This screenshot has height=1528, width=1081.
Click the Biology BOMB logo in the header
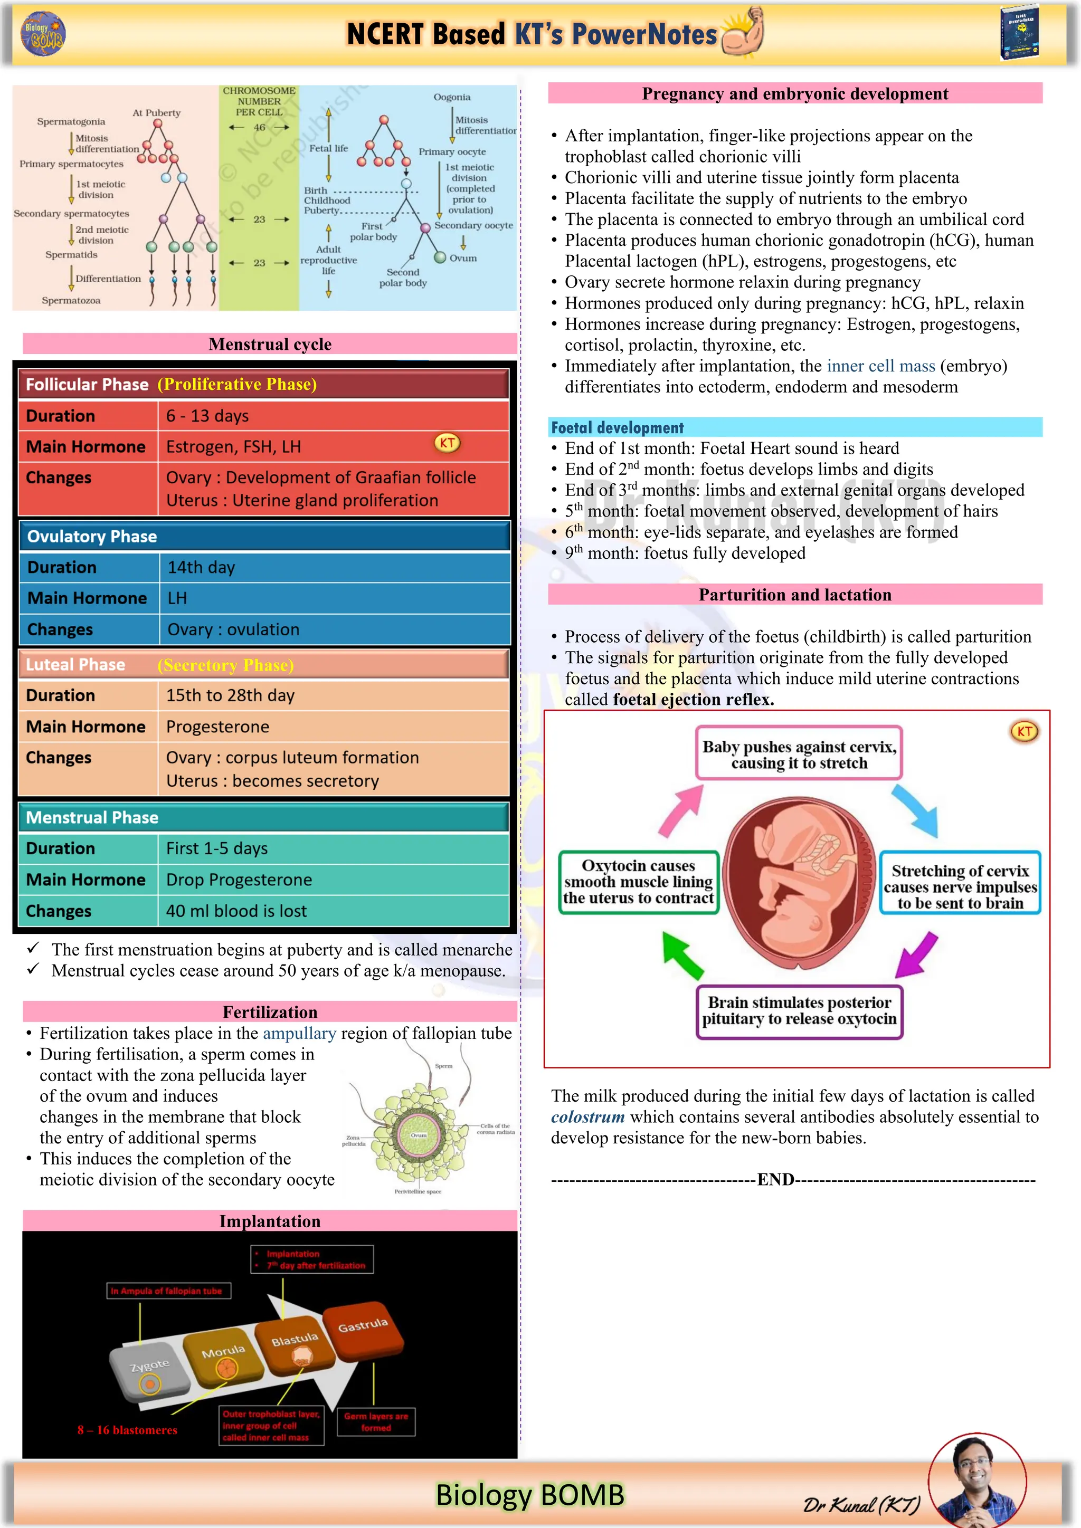coord(43,33)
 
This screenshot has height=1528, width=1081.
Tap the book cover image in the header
coord(1019,33)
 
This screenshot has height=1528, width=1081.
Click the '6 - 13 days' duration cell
coord(207,416)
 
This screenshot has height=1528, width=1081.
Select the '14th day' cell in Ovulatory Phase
coord(201,567)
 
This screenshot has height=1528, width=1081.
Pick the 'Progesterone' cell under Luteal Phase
coord(217,727)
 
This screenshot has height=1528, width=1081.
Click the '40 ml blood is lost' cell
coord(236,911)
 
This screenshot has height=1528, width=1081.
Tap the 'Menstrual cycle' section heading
coord(270,344)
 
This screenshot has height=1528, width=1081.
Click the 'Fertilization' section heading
coord(270,1011)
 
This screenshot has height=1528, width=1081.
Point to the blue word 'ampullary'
coord(299,1033)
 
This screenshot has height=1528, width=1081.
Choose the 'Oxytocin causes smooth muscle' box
coord(638,882)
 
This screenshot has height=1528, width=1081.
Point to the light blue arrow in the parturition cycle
coord(915,810)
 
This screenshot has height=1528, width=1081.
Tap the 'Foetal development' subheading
coord(617,427)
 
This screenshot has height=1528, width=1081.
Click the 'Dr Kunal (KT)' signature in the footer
coord(861,1504)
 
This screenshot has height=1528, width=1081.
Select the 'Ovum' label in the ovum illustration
coord(418,1135)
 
